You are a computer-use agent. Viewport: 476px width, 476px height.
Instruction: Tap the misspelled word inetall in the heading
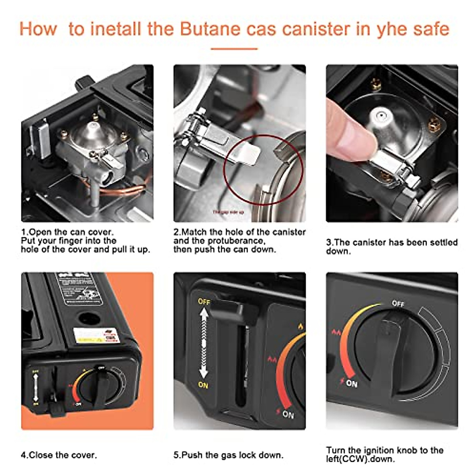click(116, 29)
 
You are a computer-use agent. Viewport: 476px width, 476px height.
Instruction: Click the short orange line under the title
click(234, 49)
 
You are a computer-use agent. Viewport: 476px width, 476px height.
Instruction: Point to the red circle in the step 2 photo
click(263, 171)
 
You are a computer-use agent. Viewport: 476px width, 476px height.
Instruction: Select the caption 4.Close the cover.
click(59, 455)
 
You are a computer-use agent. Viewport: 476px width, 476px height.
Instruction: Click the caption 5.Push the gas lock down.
click(228, 455)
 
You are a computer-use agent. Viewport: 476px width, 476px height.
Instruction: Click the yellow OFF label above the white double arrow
click(204, 301)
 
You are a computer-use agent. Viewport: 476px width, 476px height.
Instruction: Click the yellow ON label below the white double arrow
click(203, 385)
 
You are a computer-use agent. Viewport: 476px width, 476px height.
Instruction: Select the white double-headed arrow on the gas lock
click(203, 343)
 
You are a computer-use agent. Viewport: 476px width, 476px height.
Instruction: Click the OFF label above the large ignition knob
click(398, 303)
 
